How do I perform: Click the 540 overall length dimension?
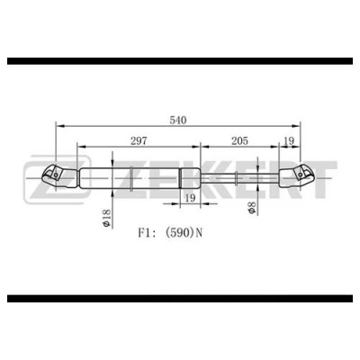(178, 120)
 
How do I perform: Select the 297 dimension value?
(139, 140)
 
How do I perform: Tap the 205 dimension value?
(239, 140)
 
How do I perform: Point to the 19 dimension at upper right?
(289, 140)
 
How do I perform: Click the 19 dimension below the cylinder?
(190, 198)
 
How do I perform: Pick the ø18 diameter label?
(106, 218)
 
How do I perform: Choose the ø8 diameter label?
(251, 208)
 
